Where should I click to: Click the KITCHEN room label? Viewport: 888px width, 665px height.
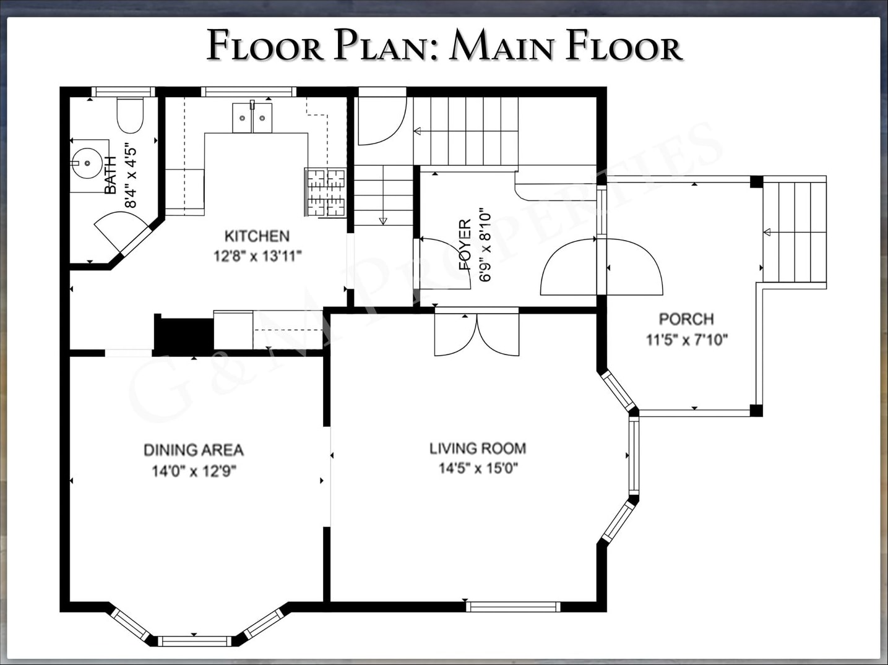(x=257, y=236)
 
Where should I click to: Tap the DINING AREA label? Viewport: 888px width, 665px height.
(x=194, y=450)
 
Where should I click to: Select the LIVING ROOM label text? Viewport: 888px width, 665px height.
(x=478, y=448)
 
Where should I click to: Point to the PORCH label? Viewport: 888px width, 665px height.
(x=686, y=319)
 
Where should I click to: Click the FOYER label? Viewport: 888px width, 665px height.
(x=465, y=244)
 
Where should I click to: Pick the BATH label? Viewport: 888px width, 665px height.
(x=110, y=175)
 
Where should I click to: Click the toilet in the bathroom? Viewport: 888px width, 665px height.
(x=130, y=115)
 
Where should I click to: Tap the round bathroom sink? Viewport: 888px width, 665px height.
(x=88, y=163)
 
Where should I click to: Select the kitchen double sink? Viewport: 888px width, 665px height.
(x=252, y=118)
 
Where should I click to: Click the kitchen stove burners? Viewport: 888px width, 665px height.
(x=325, y=192)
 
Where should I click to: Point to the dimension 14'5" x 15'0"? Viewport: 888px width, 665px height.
(x=478, y=468)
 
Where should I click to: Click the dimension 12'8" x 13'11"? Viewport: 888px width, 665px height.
(x=257, y=256)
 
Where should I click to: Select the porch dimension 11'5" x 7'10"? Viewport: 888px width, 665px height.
(x=687, y=340)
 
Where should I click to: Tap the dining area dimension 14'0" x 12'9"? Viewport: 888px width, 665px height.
(x=194, y=471)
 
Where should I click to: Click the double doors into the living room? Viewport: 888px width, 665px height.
(x=477, y=334)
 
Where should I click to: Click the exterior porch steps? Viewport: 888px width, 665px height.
(x=795, y=233)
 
